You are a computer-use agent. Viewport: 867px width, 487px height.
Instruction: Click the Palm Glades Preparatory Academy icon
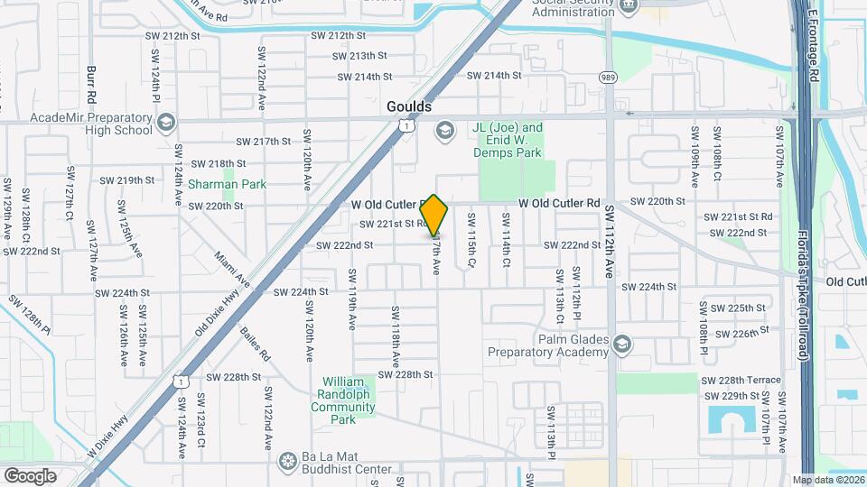point(621,345)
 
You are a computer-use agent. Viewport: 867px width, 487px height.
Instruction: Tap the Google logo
point(31,475)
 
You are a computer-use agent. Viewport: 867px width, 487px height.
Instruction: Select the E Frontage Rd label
point(812,50)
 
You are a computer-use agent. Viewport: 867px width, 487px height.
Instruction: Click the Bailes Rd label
point(256,344)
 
